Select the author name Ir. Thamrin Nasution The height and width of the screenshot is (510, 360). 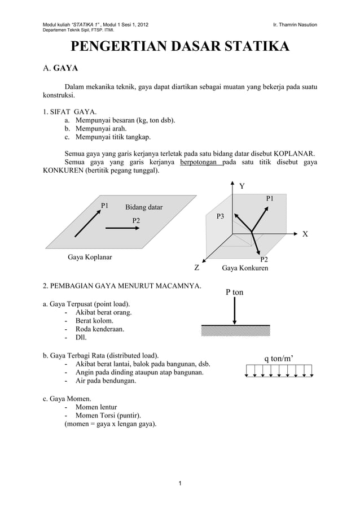tap(295, 25)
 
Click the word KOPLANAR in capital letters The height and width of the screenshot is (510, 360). tap(290, 153)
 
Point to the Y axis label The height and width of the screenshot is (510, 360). tap(242, 186)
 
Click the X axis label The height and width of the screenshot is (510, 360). tap(305, 234)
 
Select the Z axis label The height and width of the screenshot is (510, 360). tap(197, 268)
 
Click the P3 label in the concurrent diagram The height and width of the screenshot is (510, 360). tap(221, 216)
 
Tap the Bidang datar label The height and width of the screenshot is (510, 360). tap(143, 208)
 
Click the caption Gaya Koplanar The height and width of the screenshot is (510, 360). tap(90, 258)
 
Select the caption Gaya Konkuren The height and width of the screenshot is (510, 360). tap(245, 268)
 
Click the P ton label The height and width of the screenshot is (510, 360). tap(234, 293)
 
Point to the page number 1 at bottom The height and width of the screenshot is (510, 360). tap(179, 483)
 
